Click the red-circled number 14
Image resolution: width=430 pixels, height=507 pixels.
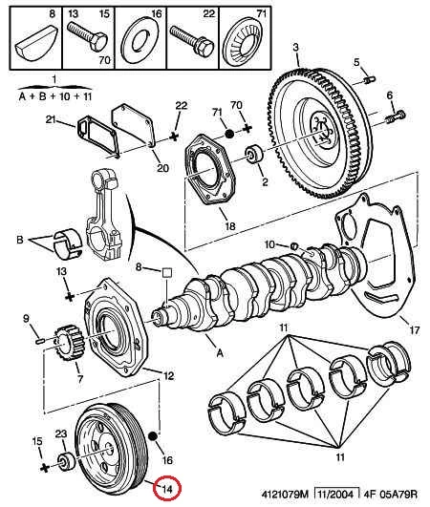tap(167, 490)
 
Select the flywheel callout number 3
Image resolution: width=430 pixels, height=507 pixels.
tap(295, 48)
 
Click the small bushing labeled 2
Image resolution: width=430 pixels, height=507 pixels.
tap(254, 155)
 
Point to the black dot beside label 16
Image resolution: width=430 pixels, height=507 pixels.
tap(153, 436)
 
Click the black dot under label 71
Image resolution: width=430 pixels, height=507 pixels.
tap(229, 134)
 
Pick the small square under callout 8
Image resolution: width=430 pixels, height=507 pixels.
tap(166, 273)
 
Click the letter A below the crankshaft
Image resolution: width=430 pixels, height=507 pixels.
tap(220, 352)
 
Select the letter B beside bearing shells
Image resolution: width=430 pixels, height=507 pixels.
tap(20, 241)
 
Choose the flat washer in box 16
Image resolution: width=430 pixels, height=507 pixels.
tap(140, 40)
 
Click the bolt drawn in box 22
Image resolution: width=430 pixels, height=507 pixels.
tap(192, 40)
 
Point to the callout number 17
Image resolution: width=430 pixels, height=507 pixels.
tap(415, 330)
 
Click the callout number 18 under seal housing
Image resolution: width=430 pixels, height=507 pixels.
tap(230, 226)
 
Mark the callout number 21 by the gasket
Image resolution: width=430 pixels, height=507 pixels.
tap(51, 120)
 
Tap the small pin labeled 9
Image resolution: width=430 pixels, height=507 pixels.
tap(40, 340)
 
